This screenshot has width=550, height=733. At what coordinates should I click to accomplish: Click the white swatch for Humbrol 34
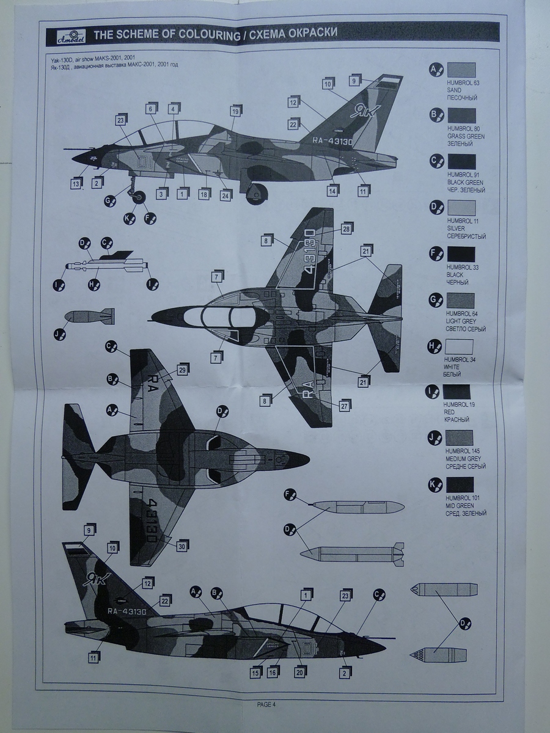pyautogui.click(x=460, y=346)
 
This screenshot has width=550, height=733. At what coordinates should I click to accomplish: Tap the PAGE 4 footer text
pyautogui.click(x=266, y=704)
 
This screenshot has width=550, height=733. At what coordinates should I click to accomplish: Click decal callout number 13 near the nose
pyautogui.click(x=76, y=183)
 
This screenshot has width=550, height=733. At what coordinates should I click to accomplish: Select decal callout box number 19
pyautogui.click(x=235, y=111)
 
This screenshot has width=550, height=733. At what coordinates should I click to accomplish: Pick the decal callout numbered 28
pyautogui.click(x=346, y=228)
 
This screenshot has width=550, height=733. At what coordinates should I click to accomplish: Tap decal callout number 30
pyautogui.click(x=182, y=547)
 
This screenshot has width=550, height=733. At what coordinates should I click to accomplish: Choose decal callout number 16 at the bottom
pyautogui.click(x=273, y=672)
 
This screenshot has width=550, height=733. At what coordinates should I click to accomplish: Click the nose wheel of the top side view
pyautogui.click(x=139, y=197)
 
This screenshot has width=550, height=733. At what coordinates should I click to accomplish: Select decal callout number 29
pyautogui.click(x=182, y=369)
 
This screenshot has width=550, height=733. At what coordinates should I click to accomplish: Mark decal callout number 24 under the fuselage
pyautogui.click(x=226, y=195)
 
